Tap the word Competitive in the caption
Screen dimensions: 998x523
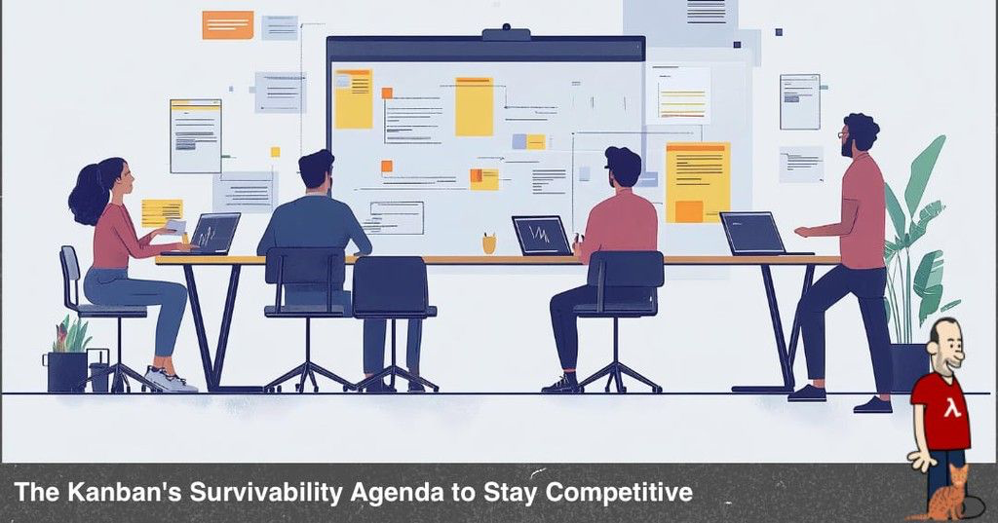click(619, 493)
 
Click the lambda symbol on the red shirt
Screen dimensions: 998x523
click(951, 406)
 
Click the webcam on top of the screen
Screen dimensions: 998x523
click(506, 32)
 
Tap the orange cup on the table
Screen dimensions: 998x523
click(489, 243)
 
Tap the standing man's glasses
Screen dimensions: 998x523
click(843, 134)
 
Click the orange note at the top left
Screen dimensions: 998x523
click(228, 24)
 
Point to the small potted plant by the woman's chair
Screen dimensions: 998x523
click(68, 354)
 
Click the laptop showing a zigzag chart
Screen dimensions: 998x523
click(542, 236)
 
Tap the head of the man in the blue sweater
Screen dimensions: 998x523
click(317, 169)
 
